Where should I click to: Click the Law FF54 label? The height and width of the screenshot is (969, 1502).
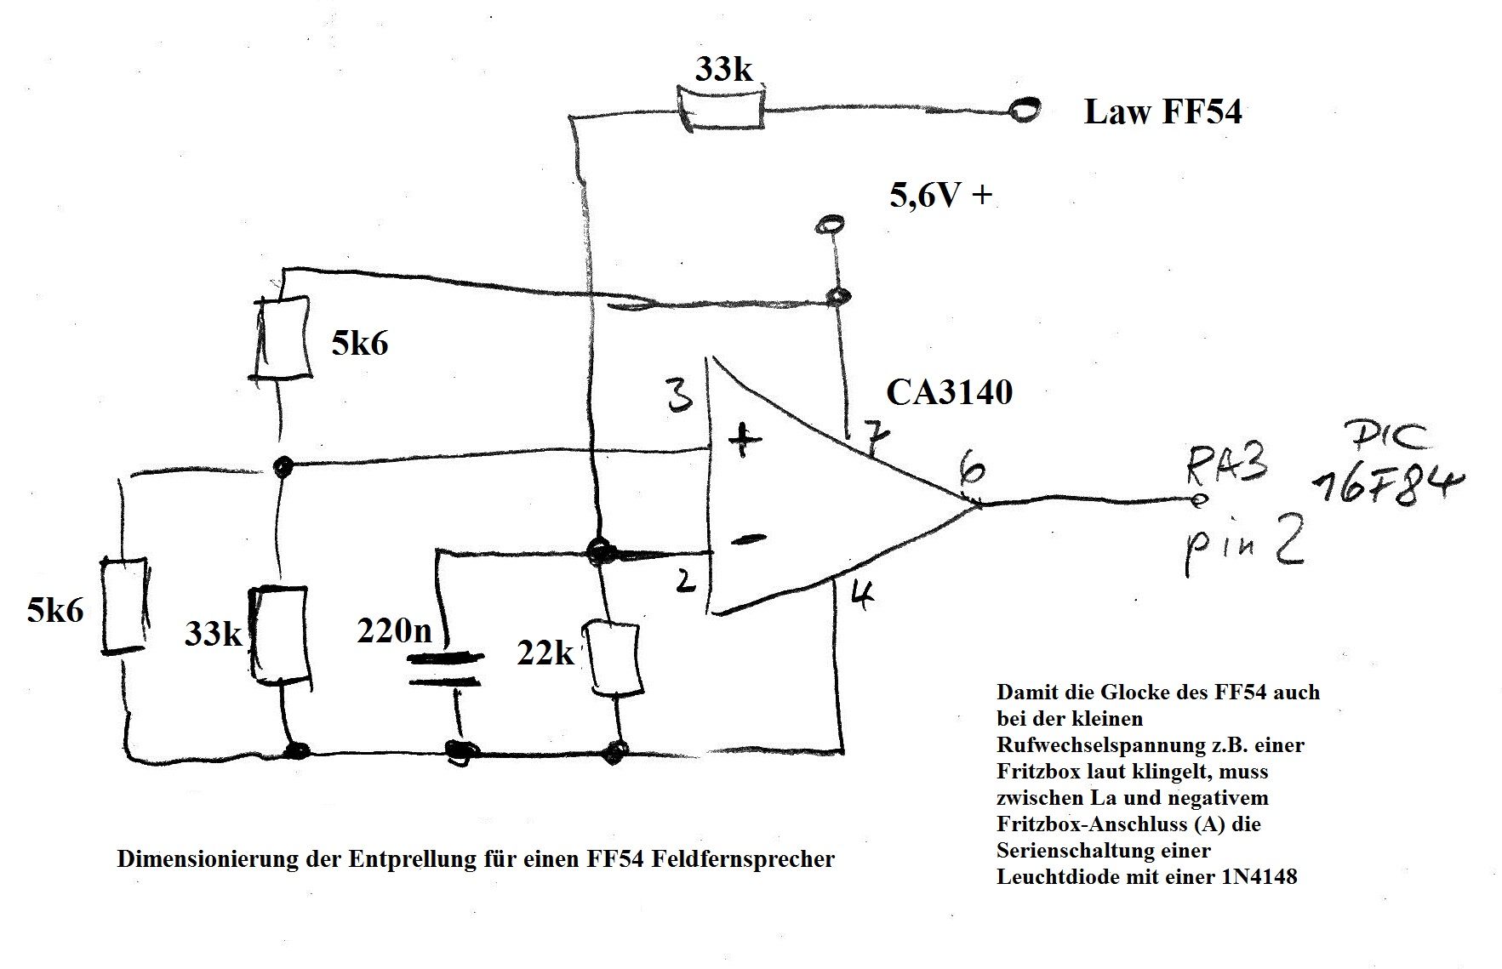1162,112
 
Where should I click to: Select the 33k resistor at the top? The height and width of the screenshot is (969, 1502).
721,108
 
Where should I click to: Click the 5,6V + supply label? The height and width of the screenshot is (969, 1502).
940,197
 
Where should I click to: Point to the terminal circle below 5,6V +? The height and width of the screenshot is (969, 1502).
829,225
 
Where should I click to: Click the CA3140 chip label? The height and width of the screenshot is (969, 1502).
949,393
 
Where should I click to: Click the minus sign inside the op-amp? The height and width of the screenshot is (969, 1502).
748,539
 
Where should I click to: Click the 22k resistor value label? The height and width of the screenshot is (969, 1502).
545,653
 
